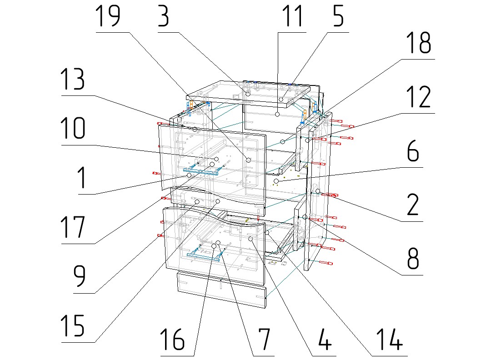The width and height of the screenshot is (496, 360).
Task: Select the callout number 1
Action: click(x=81, y=179)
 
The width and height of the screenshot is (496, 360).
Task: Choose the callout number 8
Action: click(x=412, y=259)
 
